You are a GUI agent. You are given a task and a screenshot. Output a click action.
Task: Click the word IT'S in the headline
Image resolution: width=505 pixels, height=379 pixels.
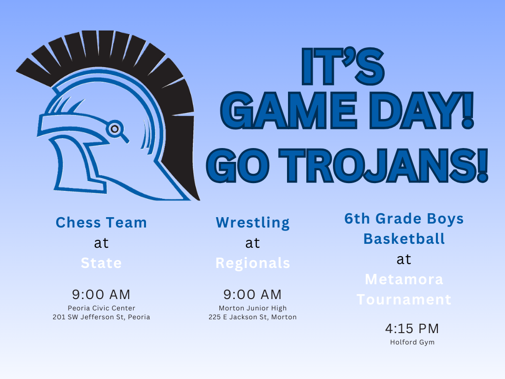343,66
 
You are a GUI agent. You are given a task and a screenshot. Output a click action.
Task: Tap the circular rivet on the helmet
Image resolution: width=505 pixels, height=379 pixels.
114,129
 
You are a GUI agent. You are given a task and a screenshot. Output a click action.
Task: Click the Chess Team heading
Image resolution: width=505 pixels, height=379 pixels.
101,223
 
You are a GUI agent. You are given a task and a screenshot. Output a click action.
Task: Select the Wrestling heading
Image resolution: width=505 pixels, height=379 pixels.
252,223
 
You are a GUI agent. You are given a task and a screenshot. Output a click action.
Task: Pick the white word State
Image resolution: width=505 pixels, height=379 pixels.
101,263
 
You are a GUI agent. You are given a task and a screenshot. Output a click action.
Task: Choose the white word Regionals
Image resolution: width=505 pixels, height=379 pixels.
252,263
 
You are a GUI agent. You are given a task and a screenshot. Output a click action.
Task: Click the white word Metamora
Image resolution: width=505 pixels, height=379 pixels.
404,279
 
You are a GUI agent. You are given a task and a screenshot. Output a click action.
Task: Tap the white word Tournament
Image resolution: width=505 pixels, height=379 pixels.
404,300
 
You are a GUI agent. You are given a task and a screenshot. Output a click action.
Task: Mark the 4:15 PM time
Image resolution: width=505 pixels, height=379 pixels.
412,329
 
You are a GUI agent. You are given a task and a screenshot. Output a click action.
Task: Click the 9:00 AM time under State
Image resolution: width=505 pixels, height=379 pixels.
101,295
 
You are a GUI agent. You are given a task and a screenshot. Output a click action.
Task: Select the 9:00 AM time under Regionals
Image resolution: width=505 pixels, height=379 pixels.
252,295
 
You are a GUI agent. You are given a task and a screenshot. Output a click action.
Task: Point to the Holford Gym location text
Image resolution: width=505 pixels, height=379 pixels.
412,342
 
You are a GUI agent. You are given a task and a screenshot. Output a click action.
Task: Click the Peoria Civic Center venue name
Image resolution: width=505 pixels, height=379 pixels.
101,308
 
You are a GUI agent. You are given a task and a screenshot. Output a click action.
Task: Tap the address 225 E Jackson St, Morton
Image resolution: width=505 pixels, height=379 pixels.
252,317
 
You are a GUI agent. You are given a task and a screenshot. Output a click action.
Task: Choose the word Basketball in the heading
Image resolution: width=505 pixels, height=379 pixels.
404,239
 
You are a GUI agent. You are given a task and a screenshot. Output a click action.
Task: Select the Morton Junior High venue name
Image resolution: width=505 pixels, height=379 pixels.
252,308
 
